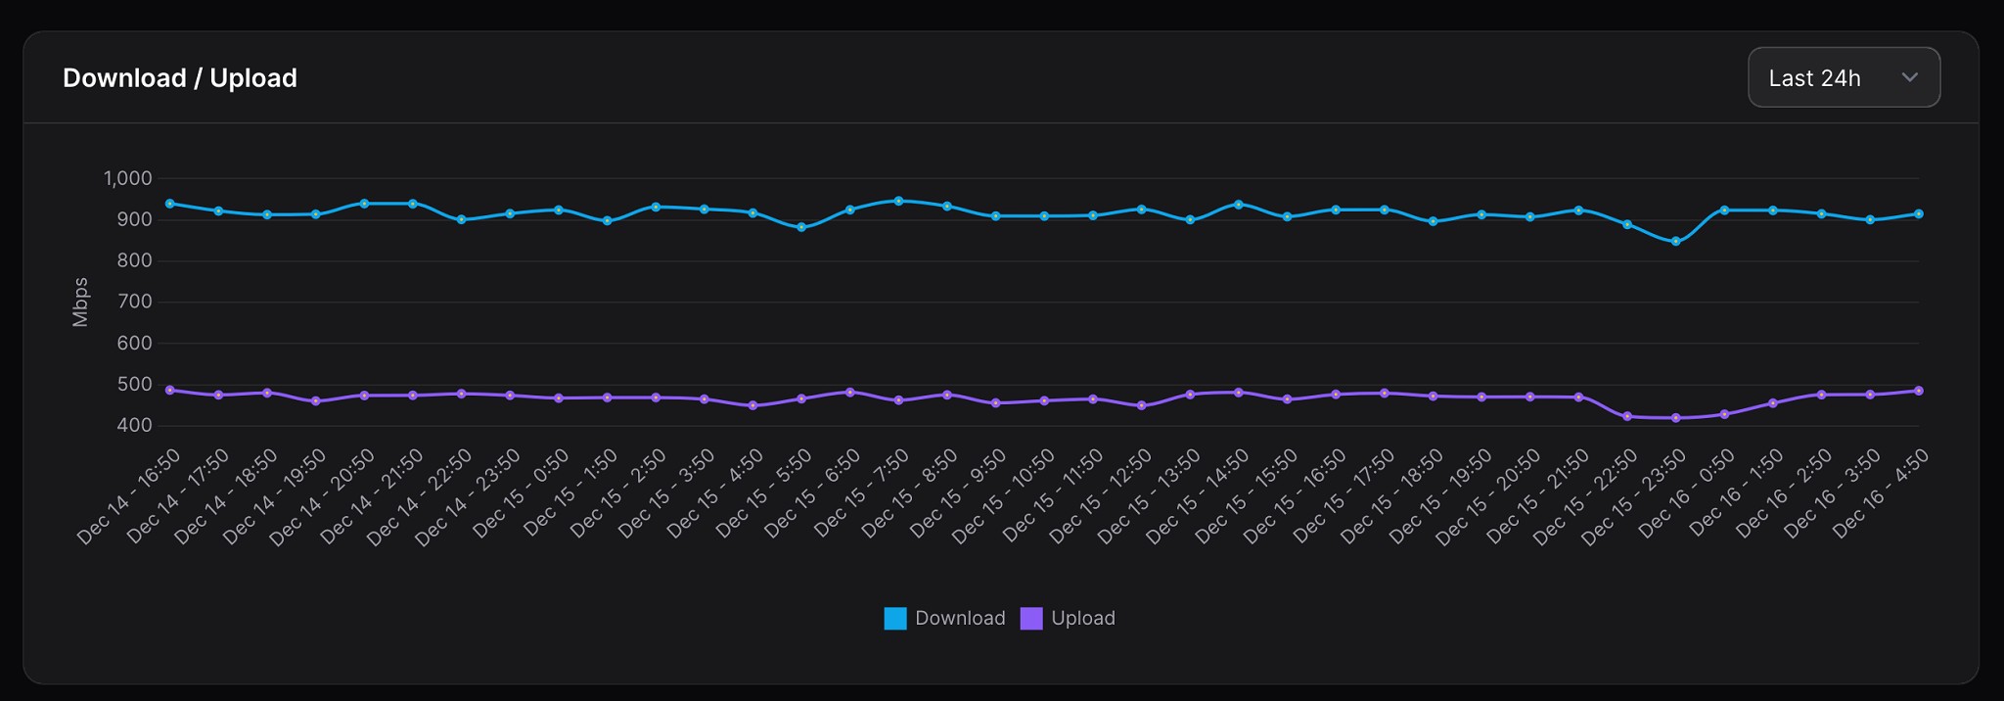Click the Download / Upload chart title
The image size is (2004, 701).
[x=180, y=78]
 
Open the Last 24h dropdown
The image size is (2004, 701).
[x=1843, y=77]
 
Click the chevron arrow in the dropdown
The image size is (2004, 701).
[x=1909, y=77]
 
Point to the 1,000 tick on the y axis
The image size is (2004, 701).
[x=128, y=178]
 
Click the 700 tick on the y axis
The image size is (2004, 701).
[x=135, y=302]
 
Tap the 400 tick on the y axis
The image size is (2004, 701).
[x=135, y=425]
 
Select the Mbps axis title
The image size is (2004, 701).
[x=80, y=302]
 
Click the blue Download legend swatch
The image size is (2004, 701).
[x=894, y=619]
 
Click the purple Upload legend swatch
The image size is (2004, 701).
[x=1030, y=619]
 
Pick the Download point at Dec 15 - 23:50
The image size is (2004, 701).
[x=1675, y=242]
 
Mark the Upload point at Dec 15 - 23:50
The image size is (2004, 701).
[x=1675, y=418]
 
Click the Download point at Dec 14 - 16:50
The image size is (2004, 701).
[x=170, y=204]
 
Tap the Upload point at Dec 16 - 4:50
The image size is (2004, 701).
[x=1918, y=391]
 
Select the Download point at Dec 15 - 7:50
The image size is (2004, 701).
[x=898, y=201]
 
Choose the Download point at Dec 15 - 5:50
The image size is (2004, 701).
[x=801, y=227]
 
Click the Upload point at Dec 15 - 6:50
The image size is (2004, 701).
[x=849, y=392]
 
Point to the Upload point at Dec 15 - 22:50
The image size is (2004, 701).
[x=1627, y=416]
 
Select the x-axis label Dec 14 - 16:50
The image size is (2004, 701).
[x=129, y=497]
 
